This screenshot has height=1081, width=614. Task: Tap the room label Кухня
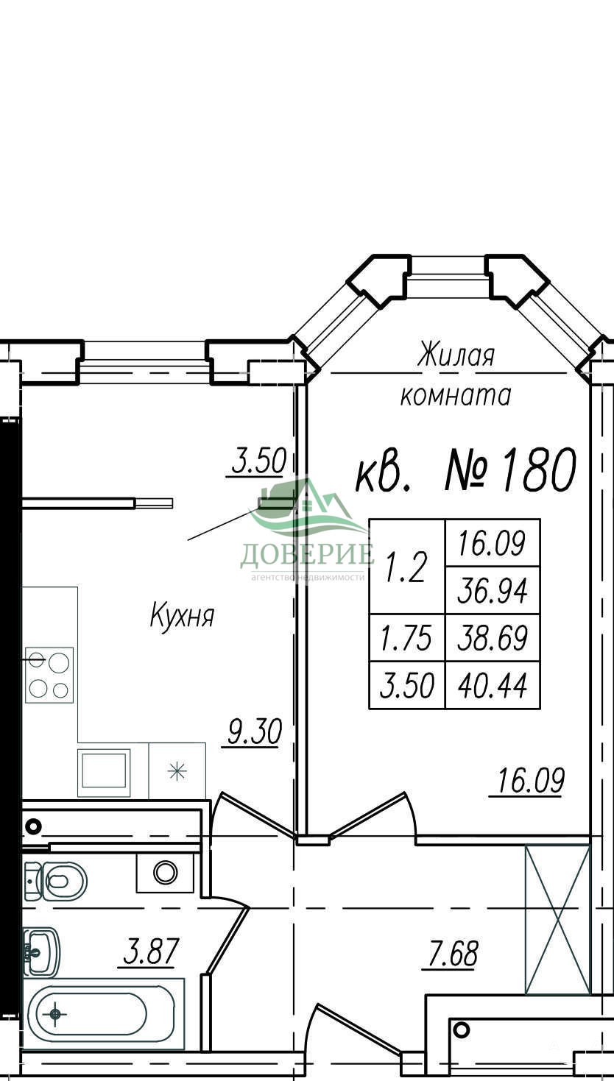pyautogui.click(x=182, y=616)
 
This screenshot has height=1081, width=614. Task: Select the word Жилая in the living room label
pyautogui.click(x=456, y=355)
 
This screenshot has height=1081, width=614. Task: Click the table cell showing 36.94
pyautogui.click(x=493, y=590)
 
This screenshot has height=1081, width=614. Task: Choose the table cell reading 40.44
pyautogui.click(x=493, y=685)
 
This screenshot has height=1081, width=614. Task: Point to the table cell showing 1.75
pyautogui.click(x=407, y=638)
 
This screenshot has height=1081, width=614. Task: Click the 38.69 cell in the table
pyautogui.click(x=493, y=638)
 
